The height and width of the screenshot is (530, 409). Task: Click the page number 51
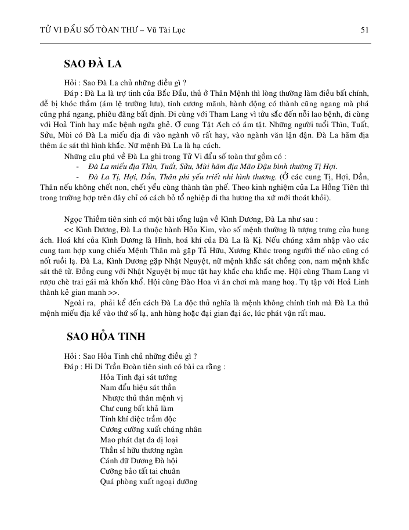click(365, 29)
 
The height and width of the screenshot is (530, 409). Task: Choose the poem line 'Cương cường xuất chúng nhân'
click(151, 429)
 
